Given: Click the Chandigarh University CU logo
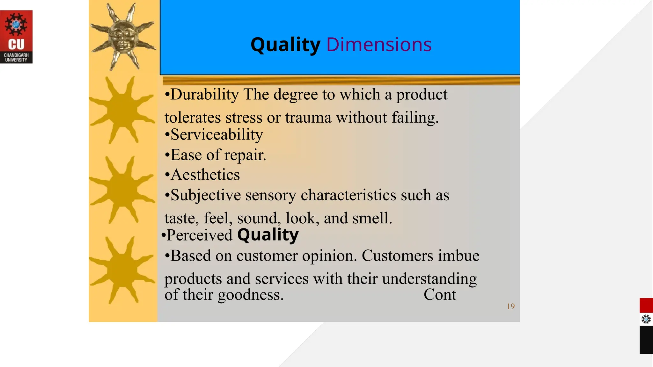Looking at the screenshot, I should pyautogui.click(x=16, y=37).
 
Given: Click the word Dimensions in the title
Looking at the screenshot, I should pyautogui.click(x=379, y=45).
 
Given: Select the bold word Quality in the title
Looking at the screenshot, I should pyautogui.click(x=285, y=45).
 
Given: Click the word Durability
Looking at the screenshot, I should pyautogui.click(x=204, y=95).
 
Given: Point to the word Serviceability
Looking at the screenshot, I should pyautogui.click(x=216, y=134).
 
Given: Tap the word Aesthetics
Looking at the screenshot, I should pyautogui.click(x=205, y=175).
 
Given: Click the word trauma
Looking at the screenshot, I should pyautogui.click(x=308, y=118).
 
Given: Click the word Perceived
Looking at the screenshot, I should pyautogui.click(x=200, y=235).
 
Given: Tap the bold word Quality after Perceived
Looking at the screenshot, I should pyautogui.click(x=268, y=235).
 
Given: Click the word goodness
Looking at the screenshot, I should pyautogui.click(x=251, y=295).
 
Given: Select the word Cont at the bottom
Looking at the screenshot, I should pyautogui.click(x=440, y=295).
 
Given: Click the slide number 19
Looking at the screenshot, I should pyautogui.click(x=510, y=306).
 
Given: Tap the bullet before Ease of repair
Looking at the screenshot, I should pyautogui.click(x=167, y=155).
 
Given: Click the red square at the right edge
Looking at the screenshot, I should pyautogui.click(x=646, y=306).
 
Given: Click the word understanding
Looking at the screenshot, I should pyautogui.click(x=429, y=279).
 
